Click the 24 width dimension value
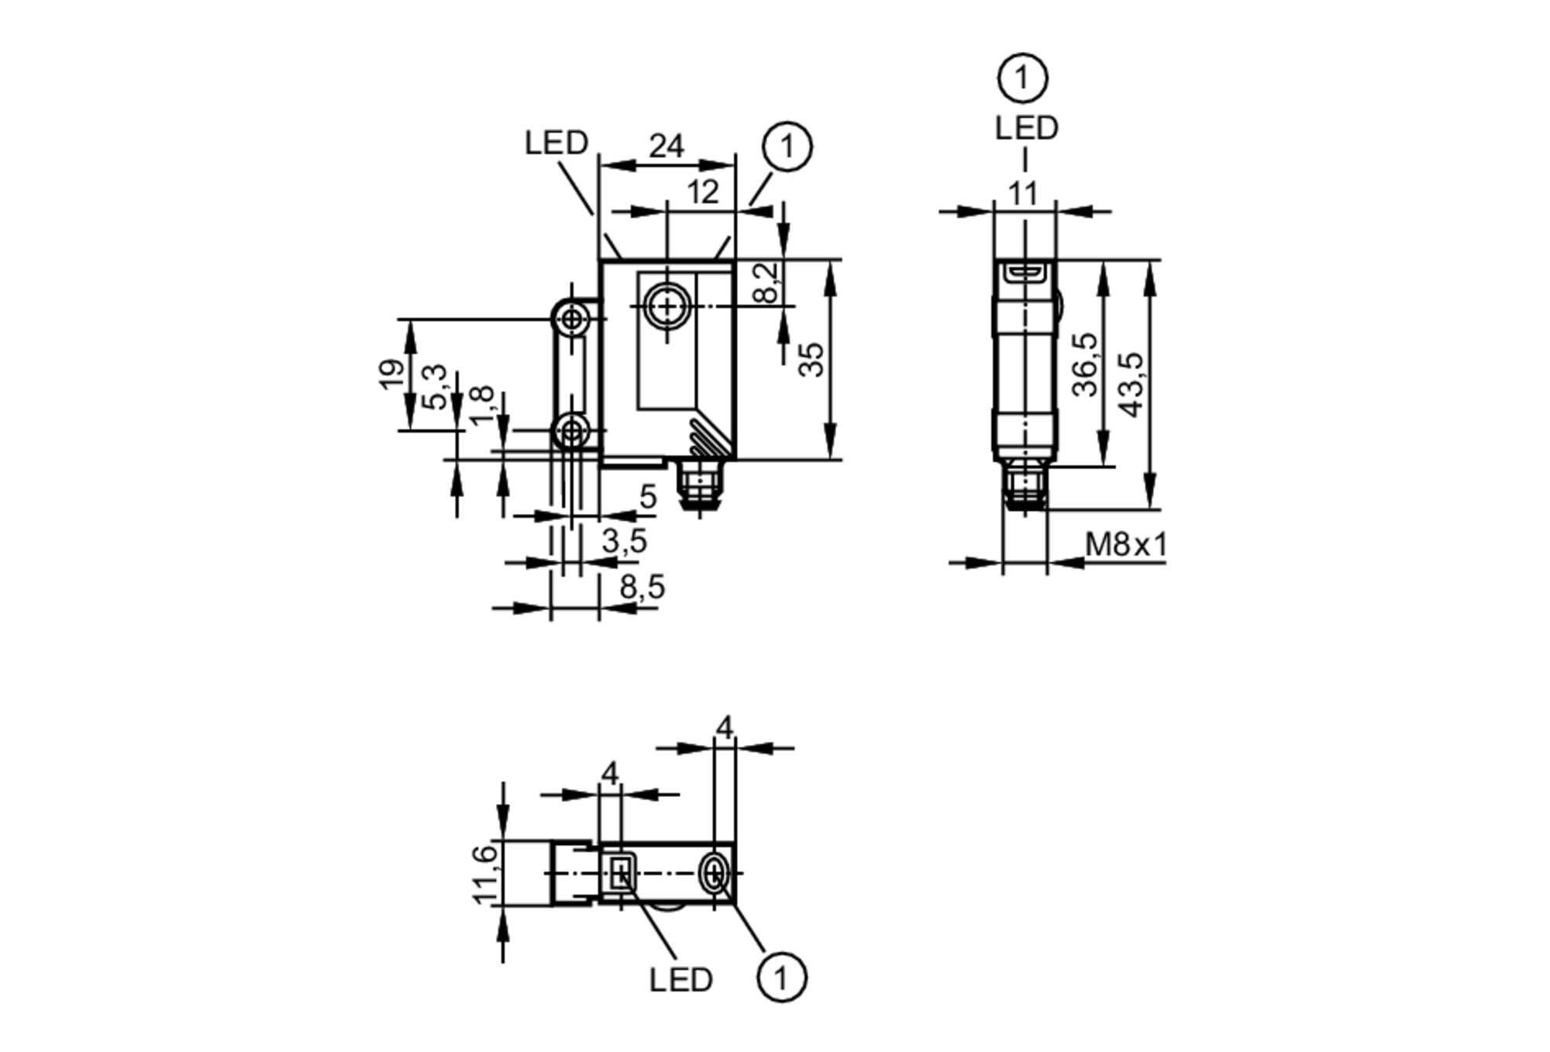[x=666, y=145]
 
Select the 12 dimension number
[x=702, y=192]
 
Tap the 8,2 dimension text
[x=764, y=282]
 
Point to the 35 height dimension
[x=811, y=360]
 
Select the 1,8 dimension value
[x=481, y=405]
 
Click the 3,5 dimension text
[x=624, y=542]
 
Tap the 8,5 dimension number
[x=642, y=588]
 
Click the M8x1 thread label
[x=1125, y=545]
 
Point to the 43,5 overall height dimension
[x=1132, y=385]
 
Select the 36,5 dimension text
[x=1085, y=364]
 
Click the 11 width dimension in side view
[x=1023, y=193]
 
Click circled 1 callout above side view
[x=1023, y=78]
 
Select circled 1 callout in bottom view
[x=781, y=978]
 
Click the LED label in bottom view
[x=680, y=980]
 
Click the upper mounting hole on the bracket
[x=572, y=319]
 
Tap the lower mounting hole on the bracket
[x=572, y=430]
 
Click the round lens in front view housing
[x=667, y=306]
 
